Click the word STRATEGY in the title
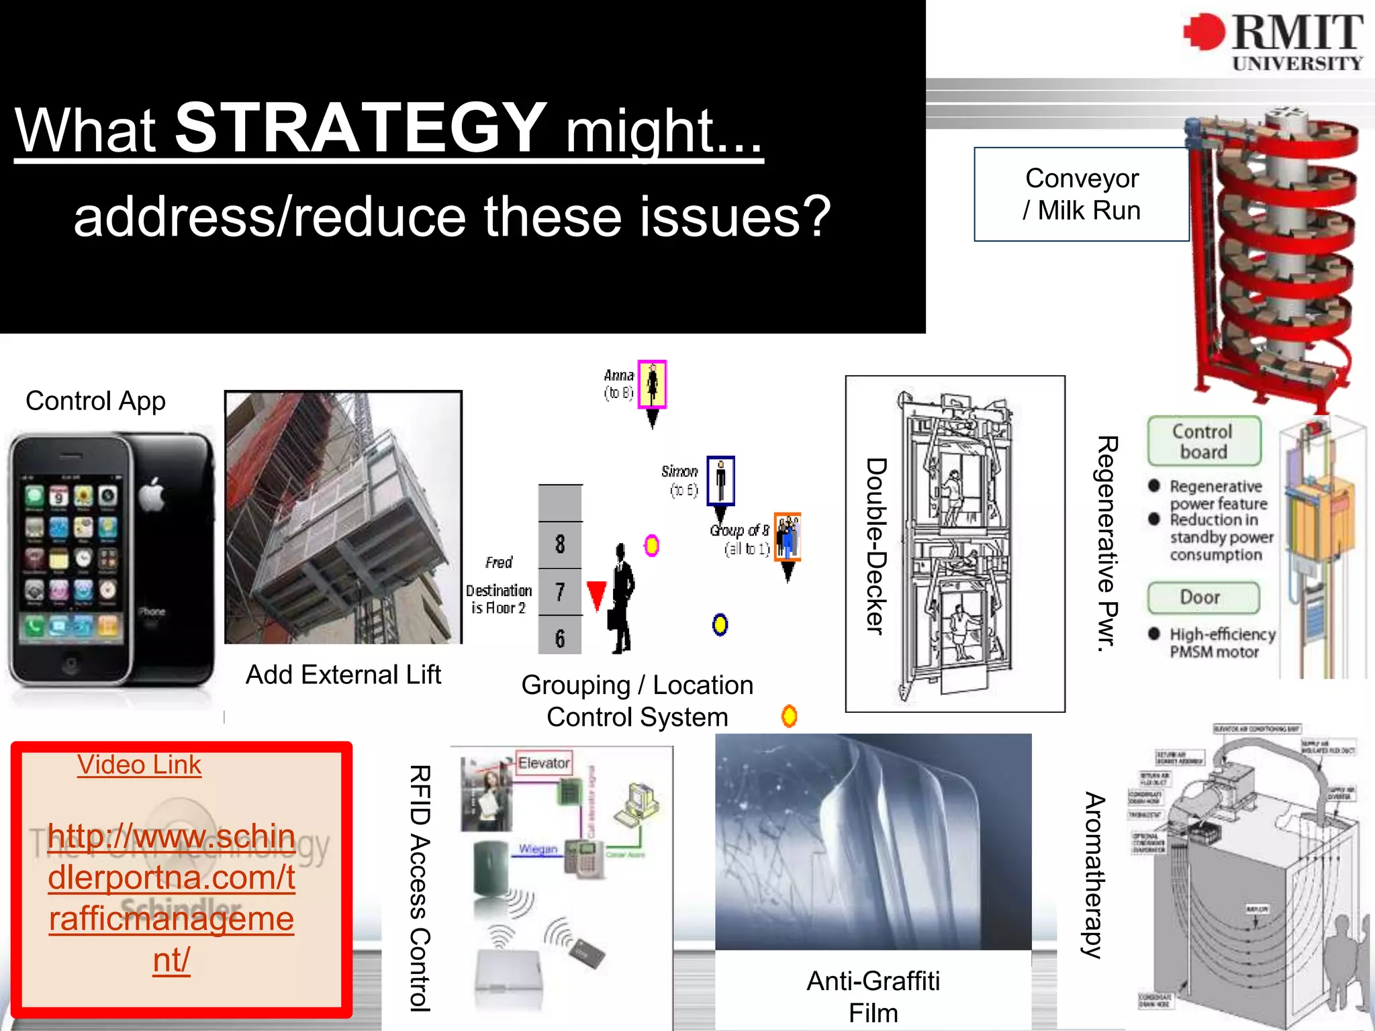(361, 127)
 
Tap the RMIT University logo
(1273, 42)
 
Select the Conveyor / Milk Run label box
(1082, 194)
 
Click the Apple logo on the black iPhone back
(152, 495)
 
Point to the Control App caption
(95, 401)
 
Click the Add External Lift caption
(343, 675)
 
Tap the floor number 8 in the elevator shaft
(560, 544)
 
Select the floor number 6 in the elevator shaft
(560, 638)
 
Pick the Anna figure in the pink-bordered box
(652, 384)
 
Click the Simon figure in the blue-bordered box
(720, 481)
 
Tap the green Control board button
(1204, 441)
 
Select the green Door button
(1202, 597)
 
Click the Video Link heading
(139, 765)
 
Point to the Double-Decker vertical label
(876, 545)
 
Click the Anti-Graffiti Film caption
(873, 997)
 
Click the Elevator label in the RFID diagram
(544, 763)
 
